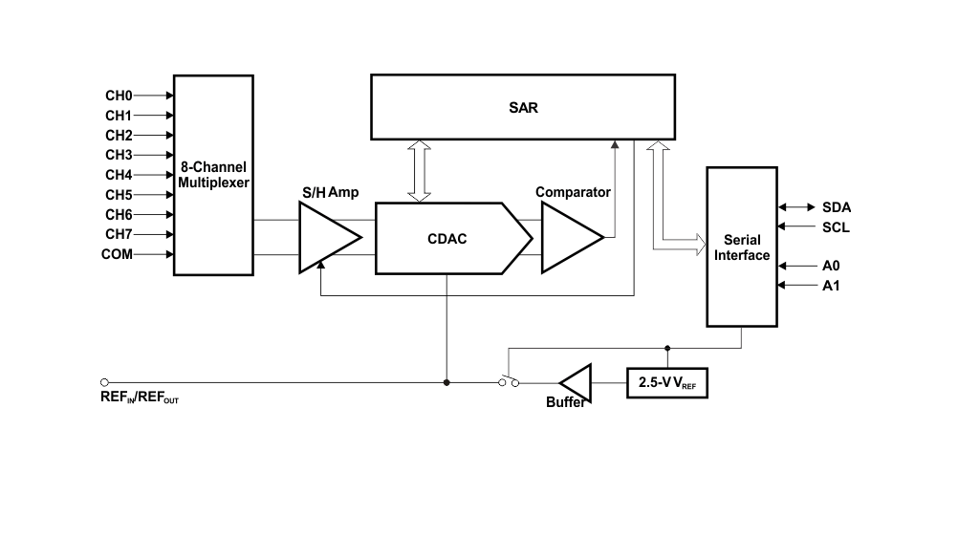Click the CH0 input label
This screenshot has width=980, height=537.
coord(119,96)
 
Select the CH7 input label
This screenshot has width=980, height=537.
coord(119,234)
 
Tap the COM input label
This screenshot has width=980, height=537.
coord(117,254)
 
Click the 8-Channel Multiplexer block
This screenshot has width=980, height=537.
coord(213,175)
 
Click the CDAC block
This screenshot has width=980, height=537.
coord(447,238)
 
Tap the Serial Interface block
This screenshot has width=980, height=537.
coord(742,247)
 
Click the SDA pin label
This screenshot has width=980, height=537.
coord(837,207)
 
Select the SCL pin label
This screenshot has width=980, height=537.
coord(836,227)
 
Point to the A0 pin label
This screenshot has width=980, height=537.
coord(832,266)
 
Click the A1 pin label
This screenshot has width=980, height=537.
coord(832,286)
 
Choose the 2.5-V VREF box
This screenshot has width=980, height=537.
coord(667,383)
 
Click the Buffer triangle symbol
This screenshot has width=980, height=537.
coord(577,382)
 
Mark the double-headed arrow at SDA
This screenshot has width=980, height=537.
coord(795,207)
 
